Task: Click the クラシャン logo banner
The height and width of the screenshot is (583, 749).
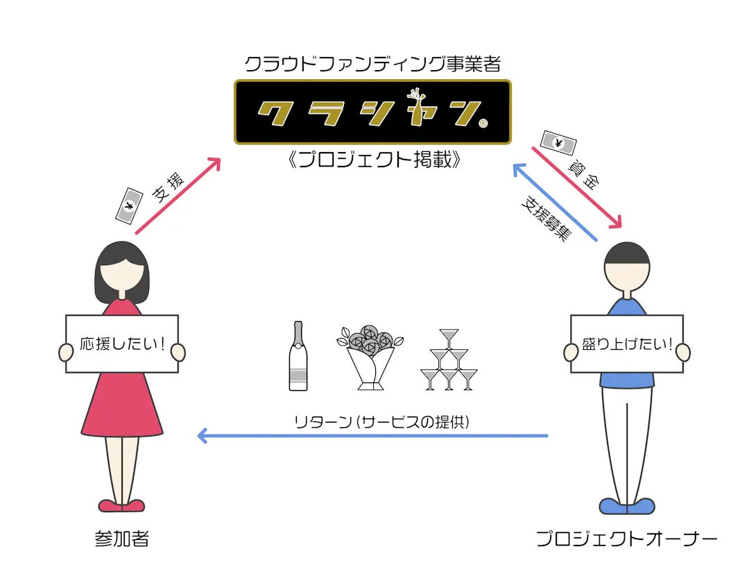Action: click(372, 112)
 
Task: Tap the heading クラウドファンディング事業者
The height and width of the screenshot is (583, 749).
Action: click(372, 64)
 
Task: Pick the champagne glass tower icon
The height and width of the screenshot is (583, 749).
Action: click(449, 360)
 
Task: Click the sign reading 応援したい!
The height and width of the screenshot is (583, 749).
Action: click(122, 344)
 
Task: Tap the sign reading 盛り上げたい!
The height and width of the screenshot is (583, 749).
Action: click(626, 344)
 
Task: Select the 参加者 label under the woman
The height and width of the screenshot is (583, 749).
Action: click(122, 539)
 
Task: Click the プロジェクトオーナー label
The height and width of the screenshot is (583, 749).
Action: click(626, 539)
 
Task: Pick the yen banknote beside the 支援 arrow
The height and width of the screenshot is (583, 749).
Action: click(128, 205)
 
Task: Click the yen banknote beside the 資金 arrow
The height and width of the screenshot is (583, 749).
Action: click(558, 144)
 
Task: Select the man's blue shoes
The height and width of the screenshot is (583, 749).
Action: click(626, 505)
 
